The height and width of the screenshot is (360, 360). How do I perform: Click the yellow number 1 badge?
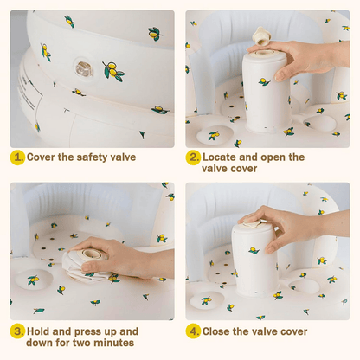[17, 157]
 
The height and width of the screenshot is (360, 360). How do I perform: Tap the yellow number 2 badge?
[193, 157]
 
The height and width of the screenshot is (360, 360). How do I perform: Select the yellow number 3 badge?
[17, 331]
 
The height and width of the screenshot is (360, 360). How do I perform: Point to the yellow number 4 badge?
[193, 331]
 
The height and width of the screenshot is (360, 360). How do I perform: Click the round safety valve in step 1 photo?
[80, 66]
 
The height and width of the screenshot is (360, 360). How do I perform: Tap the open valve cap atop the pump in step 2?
[259, 35]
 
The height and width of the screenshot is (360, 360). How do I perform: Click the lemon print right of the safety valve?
[112, 70]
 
